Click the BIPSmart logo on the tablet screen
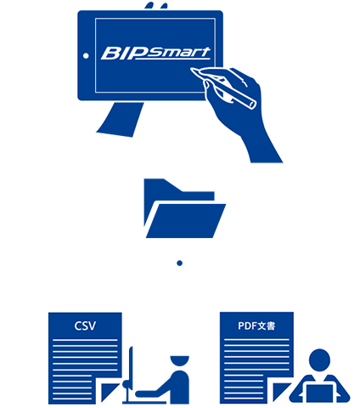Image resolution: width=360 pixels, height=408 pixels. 155,54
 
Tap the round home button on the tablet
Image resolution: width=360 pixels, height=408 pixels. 86,56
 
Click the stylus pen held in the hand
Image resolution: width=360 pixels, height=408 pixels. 223,88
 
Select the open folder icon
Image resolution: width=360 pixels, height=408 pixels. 185,208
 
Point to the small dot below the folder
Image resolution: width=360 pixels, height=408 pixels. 179,263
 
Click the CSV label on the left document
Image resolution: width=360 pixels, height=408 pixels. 85,326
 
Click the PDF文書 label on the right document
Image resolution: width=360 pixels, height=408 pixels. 256,326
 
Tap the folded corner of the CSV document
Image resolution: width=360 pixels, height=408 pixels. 110,392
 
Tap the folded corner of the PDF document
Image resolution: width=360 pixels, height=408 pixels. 281,392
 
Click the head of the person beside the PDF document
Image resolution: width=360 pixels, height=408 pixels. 319,360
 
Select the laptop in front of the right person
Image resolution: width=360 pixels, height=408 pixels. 319,394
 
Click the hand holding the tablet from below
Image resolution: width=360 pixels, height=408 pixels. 121,120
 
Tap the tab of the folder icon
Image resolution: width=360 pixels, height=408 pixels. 163,184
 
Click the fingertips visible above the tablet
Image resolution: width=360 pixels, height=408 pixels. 156,6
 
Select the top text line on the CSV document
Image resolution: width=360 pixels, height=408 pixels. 85,340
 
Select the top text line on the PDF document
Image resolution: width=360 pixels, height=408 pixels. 256,339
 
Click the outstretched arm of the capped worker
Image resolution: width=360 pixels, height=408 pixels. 155,388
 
